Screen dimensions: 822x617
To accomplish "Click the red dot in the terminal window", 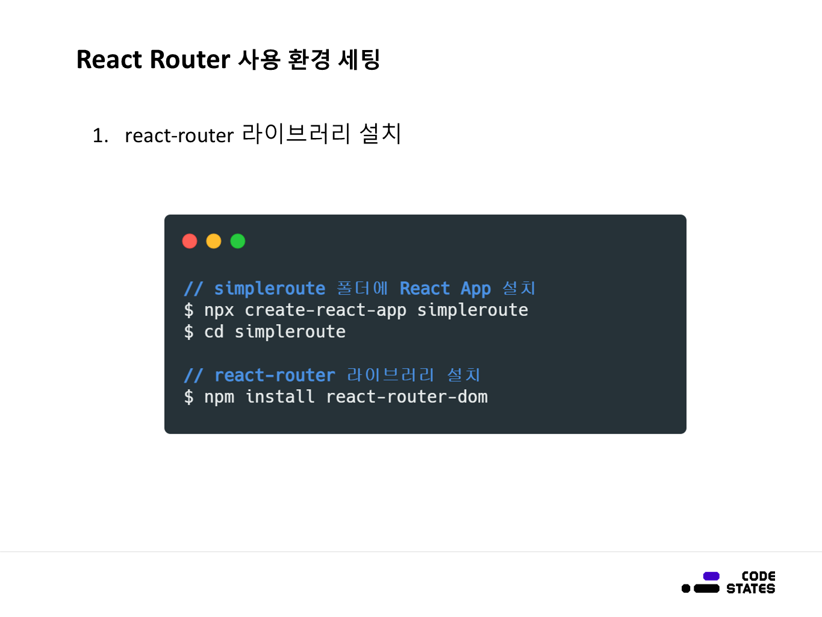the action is tap(190, 241).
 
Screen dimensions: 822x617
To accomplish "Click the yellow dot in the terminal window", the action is tap(214, 241).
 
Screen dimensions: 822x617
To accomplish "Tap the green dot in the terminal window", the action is tap(238, 241).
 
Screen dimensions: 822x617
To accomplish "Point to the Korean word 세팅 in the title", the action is tap(359, 60).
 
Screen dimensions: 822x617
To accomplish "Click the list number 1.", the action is tap(100, 136).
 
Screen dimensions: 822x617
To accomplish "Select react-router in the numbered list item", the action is tap(179, 136).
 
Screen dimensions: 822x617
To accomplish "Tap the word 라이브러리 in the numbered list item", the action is tap(296, 134).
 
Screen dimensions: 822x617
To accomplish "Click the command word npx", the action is tap(219, 310).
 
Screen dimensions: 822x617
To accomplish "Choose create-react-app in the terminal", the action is tap(325, 310).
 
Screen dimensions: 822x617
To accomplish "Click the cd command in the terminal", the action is tap(214, 332).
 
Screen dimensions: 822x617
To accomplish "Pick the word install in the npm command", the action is tap(280, 397).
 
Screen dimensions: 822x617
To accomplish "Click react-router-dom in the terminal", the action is tap(406, 397).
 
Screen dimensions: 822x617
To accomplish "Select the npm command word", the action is tap(219, 397).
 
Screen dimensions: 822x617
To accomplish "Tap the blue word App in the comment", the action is tap(476, 289).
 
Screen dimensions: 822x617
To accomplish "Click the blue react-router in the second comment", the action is tap(275, 375).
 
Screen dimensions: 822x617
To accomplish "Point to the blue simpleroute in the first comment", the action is tap(270, 289).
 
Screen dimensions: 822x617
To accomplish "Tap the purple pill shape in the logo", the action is tap(711, 576).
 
